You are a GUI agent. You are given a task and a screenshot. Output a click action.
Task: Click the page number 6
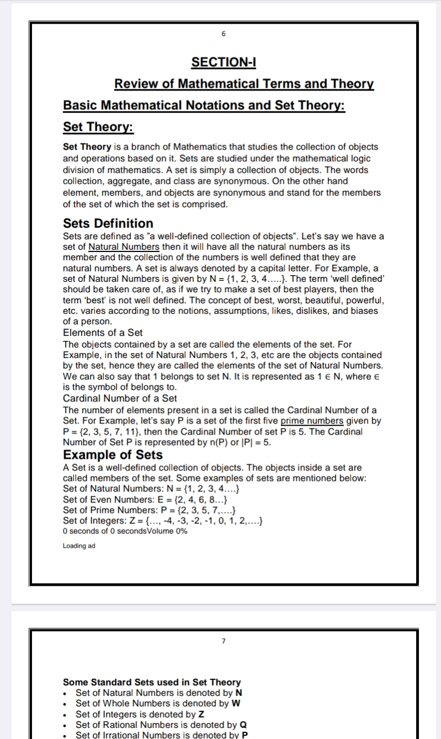click(x=223, y=34)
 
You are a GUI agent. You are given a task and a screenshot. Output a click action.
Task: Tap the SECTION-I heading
click(x=223, y=62)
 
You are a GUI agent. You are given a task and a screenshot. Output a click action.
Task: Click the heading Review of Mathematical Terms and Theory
click(x=244, y=84)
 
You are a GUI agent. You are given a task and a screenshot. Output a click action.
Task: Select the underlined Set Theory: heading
click(x=99, y=127)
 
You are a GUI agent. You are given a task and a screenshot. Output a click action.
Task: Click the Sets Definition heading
click(x=108, y=223)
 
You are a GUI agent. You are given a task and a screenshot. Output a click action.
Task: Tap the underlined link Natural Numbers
click(x=124, y=247)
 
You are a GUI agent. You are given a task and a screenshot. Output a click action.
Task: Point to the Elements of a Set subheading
click(x=103, y=333)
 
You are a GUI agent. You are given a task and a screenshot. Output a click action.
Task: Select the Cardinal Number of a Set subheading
click(x=120, y=398)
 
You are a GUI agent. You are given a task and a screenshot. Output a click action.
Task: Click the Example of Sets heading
click(x=113, y=454)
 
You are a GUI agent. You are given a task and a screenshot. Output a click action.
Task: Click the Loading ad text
click(x=79, y=546)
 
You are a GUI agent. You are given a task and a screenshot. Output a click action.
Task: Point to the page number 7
click(x=223, y=641)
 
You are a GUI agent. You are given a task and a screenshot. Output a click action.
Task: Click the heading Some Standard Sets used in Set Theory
click(x=152, y=682)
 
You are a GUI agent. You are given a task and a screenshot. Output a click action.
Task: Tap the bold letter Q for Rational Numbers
click(x=243, y=725)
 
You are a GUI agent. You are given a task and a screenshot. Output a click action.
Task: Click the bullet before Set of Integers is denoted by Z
click(x=67, y=714)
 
